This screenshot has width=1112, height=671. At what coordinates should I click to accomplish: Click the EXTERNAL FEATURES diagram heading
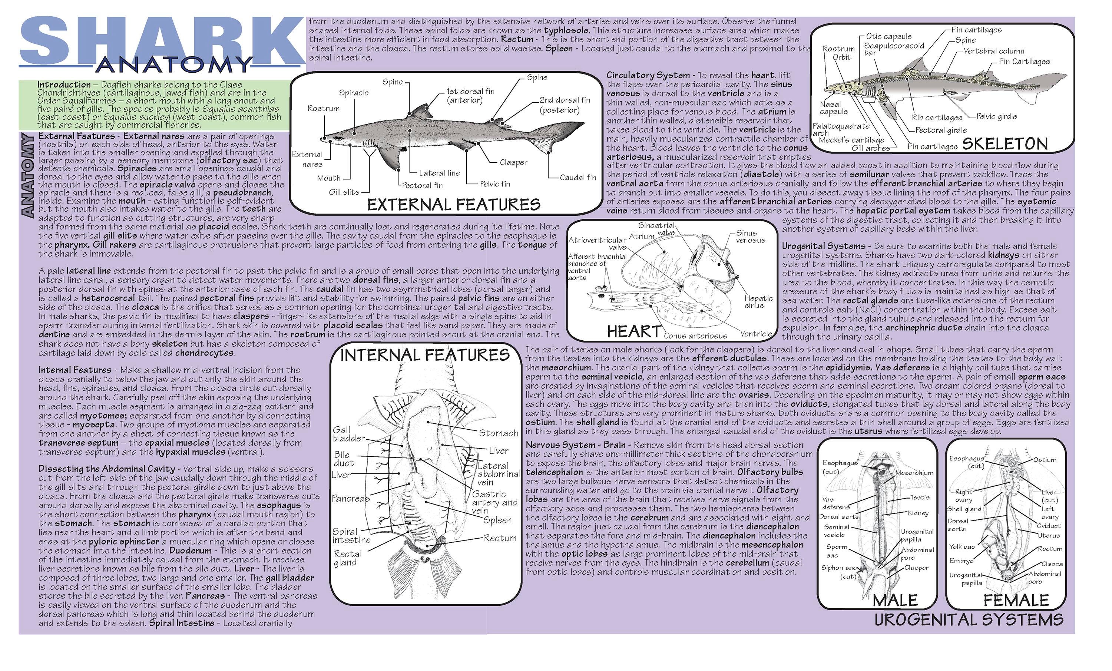coord(454,204)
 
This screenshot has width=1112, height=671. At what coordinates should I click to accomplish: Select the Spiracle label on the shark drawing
coord(354,93)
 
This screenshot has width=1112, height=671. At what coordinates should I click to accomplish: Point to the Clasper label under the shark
coord(513,162)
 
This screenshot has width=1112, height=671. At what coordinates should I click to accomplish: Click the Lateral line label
coord(439,173)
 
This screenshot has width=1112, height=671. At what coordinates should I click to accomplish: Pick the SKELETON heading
coord(1005,144)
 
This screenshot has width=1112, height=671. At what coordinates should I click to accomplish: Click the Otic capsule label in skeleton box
coord(888,37)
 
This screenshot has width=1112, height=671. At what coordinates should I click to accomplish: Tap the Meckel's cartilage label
coord(851,140)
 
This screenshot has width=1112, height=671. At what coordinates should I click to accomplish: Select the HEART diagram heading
coord(633,332)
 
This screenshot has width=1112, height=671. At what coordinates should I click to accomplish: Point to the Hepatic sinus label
coord(758,302)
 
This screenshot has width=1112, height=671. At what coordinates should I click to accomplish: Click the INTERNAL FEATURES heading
coord(425,355)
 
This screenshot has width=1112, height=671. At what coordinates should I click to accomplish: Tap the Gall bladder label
coord(348,434)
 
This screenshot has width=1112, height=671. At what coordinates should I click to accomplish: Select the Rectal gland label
coord(348,558)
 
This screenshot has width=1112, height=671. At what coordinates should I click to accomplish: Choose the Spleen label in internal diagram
coord(497,520)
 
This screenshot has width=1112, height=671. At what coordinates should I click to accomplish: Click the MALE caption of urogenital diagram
coord(895,601)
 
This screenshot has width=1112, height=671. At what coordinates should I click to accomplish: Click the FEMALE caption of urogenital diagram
coord(1016,601)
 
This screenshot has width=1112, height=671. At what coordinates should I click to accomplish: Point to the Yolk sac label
coord(962,547)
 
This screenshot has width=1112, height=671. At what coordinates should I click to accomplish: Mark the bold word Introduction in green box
coord(64,85)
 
